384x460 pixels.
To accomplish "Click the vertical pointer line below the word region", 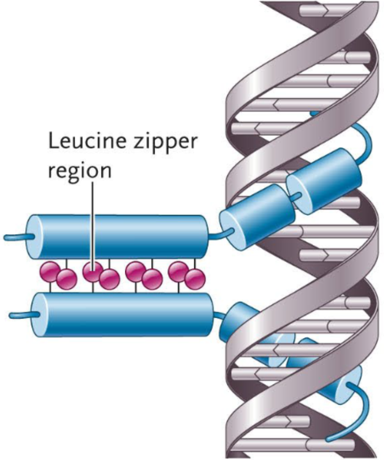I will point(94,218).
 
